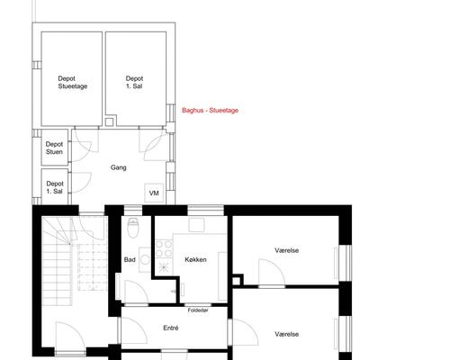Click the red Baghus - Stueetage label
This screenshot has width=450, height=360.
(210, 111)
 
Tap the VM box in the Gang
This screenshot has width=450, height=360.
(154, 193)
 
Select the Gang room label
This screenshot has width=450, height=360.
(119, 167)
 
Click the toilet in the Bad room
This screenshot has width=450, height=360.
(132, 228)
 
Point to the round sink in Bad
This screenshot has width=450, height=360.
(146, 260)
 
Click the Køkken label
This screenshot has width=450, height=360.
(195, 259)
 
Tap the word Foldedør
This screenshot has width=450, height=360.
(198, 310)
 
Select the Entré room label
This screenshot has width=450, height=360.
(171, 328)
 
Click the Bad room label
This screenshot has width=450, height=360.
(130, 259)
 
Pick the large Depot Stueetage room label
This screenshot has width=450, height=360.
(73, 83)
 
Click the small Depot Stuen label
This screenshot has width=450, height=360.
(54, 148)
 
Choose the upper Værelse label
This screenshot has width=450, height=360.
(286, 250)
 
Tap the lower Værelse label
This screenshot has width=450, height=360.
(286, 334)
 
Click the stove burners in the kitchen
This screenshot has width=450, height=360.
(164, 249)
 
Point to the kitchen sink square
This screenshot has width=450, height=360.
(197, 225)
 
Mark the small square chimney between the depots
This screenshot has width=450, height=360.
(109, 121)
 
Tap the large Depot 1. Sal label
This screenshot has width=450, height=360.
(134, 83)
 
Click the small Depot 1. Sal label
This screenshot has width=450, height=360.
(55, 187)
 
